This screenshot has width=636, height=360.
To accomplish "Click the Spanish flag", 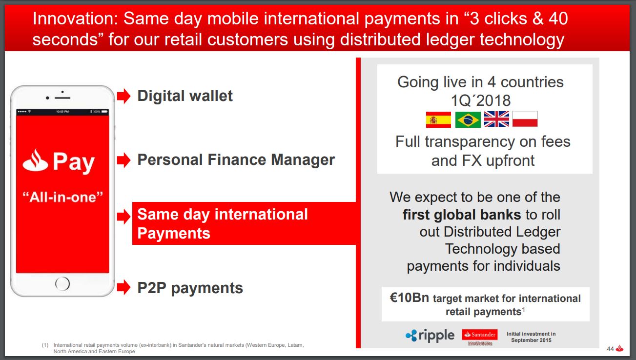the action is (438, 120).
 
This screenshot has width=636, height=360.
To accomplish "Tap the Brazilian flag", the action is (468, 120).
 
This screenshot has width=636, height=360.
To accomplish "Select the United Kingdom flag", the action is (496, 119).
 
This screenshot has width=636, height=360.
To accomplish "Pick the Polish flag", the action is (525, 119).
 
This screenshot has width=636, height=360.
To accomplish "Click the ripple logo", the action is (430, 335).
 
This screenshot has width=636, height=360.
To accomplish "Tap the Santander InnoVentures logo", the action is (480, 337).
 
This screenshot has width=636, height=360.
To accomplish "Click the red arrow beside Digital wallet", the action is (124, 96).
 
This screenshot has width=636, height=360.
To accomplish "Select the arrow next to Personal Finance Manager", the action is (124, 160).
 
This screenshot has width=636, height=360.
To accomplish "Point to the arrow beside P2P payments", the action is (124, 287).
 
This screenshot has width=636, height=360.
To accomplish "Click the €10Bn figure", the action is (409, 298).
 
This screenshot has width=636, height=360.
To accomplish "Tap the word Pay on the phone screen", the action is (74, 162).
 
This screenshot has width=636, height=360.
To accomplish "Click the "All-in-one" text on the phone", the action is (63, 197).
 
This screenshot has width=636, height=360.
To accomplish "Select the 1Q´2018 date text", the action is (481, 100).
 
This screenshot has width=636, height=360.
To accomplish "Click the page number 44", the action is (610, 349).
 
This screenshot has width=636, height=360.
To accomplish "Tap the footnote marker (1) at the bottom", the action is (45, 345).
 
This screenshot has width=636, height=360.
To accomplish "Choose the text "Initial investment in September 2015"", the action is (531, 337).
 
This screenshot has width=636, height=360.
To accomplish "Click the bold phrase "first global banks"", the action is (462, 215).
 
